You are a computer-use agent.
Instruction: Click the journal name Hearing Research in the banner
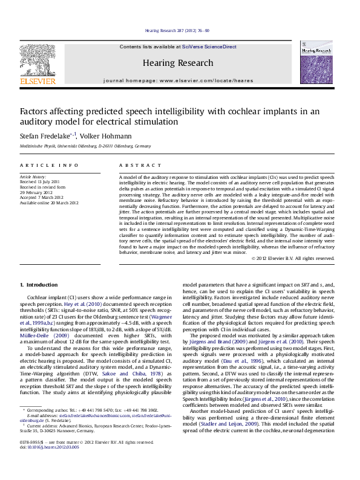[178, 63]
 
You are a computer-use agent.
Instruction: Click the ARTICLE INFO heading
[49, 165]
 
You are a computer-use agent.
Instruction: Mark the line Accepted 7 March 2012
[44, 196]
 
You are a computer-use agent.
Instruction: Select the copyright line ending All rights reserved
[293, 258]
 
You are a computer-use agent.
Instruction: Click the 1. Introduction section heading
[39, 285]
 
